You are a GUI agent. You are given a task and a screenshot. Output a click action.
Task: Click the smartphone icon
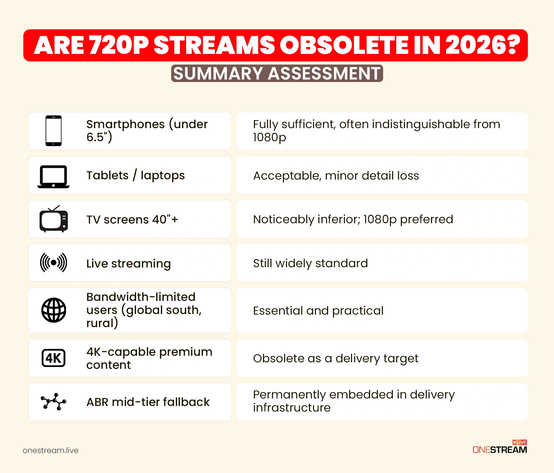click(x=54, y=131)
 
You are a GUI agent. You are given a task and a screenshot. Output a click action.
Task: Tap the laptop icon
click(x=54, y=176)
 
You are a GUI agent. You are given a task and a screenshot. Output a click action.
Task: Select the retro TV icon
click(x=54, y=219)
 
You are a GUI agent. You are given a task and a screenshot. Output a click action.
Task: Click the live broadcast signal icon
click(x=54, y=263)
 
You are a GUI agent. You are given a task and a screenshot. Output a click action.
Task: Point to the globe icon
click(x=54, y=310)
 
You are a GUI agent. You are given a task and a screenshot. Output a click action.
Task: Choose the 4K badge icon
click(x=54, y=358)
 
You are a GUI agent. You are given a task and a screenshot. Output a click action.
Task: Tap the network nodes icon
click(x=54, y=402)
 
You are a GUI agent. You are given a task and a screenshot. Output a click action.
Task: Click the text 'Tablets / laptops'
click(x=135, y=176)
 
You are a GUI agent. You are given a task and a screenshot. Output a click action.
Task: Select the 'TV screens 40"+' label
click(x=132, y=220)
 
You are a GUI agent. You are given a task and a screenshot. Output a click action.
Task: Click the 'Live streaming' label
click(x=128, y=263)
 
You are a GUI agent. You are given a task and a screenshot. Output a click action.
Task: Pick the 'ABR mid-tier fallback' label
click(x=148, y=402)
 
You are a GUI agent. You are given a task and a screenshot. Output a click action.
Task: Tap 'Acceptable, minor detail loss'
click(x=336, y=176)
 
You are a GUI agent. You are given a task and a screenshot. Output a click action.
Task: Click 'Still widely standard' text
click(x=310, y=263)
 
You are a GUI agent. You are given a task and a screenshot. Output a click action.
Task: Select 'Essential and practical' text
click(x=318, y=311)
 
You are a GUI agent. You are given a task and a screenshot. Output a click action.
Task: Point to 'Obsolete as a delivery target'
click(x=336, y=359)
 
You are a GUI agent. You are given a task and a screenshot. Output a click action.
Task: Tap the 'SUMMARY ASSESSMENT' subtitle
click(x=277, y=74)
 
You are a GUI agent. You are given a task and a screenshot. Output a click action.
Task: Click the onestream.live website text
click(x=50, y=451)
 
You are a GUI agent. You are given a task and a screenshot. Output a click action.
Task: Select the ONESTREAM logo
click(x=500, y=448)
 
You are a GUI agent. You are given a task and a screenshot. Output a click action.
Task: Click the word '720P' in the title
click(x=119, y=46)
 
